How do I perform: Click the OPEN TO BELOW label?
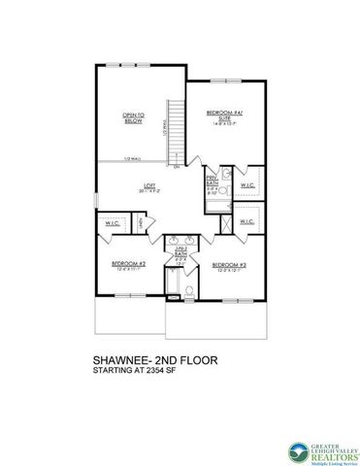[133, 118]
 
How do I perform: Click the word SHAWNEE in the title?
[125, 359]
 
